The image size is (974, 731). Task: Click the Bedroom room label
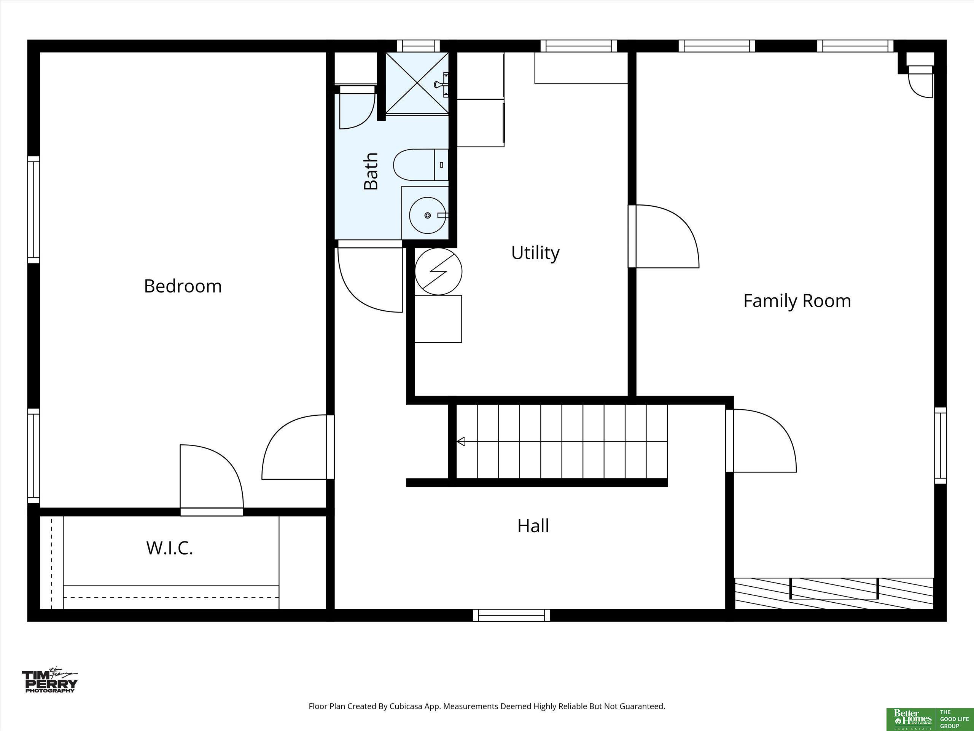183,286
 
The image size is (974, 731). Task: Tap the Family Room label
797,301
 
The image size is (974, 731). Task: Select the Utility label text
535,253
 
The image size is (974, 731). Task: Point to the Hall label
533,526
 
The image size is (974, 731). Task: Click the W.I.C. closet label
170,548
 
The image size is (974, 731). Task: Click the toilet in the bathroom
420,165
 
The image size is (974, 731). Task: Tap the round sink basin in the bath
427,215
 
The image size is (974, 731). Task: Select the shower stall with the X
417,83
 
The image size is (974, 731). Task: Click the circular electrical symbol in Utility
439,271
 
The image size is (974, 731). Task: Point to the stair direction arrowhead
461,441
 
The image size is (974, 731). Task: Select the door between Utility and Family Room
664,236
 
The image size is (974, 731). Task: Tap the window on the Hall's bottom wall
512,615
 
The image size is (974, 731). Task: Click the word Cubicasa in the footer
406,706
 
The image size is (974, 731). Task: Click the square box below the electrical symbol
439,319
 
